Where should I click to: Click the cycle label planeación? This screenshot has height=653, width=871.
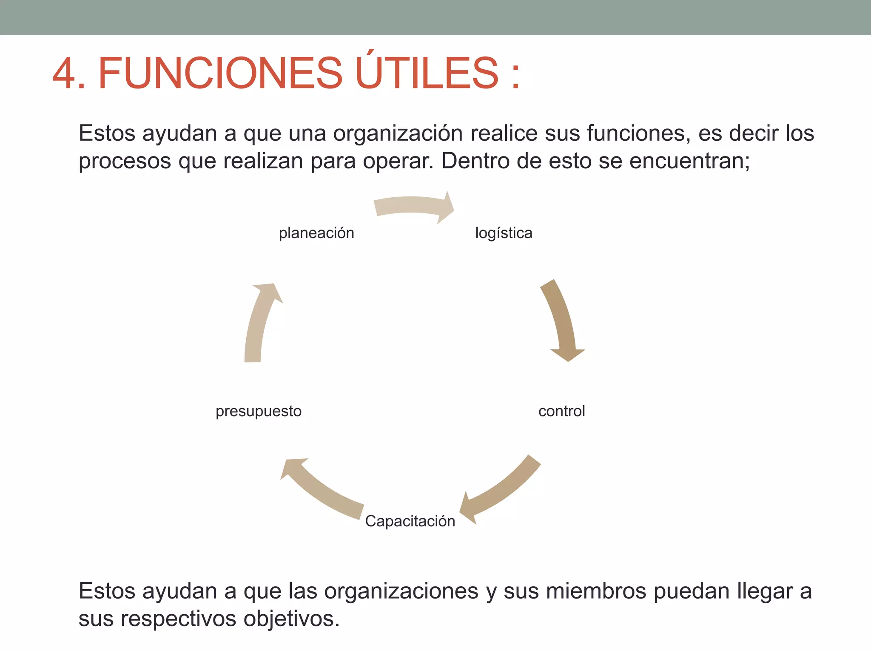[316, 233]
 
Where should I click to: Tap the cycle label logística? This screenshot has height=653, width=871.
[504, 233]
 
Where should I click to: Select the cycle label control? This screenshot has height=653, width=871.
[562, 411]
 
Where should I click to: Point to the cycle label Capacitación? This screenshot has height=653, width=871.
[410, 521]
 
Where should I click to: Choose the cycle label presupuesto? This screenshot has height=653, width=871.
[259, 412]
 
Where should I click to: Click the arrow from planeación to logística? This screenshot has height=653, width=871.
[413, 204]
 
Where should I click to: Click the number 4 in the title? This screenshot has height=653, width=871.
[64, 73]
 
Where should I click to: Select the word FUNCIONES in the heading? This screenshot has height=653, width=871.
[220, 73]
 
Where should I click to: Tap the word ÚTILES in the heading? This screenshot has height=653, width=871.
[427, 70]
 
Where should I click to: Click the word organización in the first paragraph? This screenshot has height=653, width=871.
[402, 134]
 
